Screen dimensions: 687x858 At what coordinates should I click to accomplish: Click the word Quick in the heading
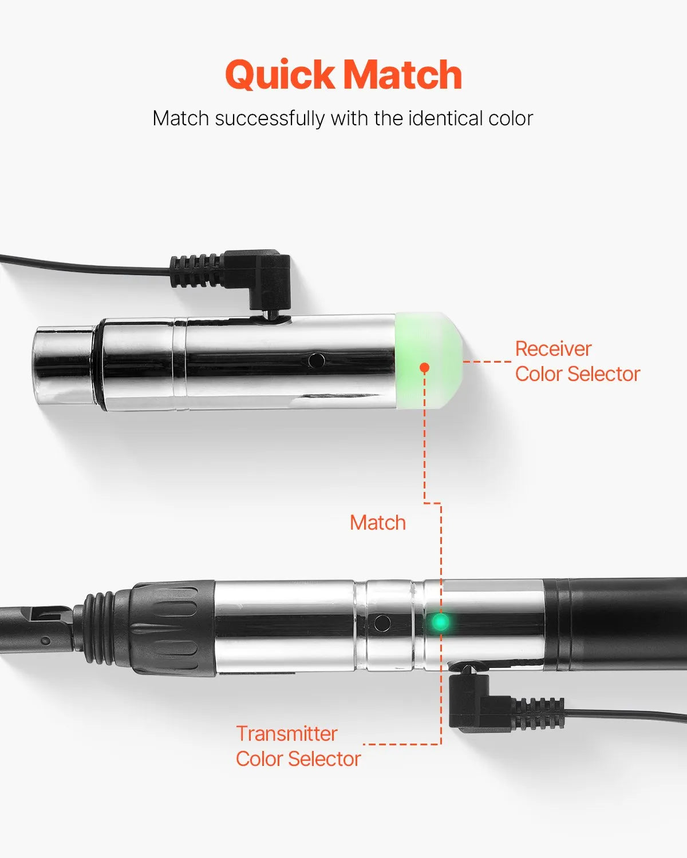click(x=280, y=74)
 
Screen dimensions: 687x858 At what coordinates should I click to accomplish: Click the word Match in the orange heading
click(x=403, y=74)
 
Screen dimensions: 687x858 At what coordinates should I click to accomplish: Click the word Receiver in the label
click(x=553, y=349)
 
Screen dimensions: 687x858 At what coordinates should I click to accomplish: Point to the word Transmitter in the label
click(x=287, y=734)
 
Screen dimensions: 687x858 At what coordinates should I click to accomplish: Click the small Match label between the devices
click(x=378, y=523)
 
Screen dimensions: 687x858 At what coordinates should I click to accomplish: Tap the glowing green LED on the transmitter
click(x=440, y=622)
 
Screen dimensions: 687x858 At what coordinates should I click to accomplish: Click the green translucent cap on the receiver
click(x=428, y=360)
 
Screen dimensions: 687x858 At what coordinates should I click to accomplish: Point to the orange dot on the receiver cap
click(x=425, y=367)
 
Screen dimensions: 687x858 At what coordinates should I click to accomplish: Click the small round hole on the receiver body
click(x=317, y=360)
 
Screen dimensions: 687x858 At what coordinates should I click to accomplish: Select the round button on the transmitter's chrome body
click(x=382, y=622)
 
